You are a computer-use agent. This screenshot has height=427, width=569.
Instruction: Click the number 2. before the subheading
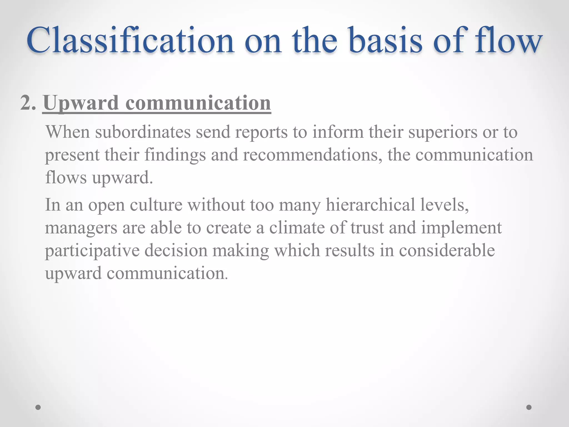tap(28, 103)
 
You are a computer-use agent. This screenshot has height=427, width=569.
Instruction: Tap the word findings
tap(175, 155)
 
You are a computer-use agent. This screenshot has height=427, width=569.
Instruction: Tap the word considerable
tap(447, 250)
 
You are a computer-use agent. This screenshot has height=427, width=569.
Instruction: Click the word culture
tap(156, 205)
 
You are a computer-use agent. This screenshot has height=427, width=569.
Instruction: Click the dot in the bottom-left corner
tap(38, 407)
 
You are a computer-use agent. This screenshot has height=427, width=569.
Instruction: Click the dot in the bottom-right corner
tap(529, 407)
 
